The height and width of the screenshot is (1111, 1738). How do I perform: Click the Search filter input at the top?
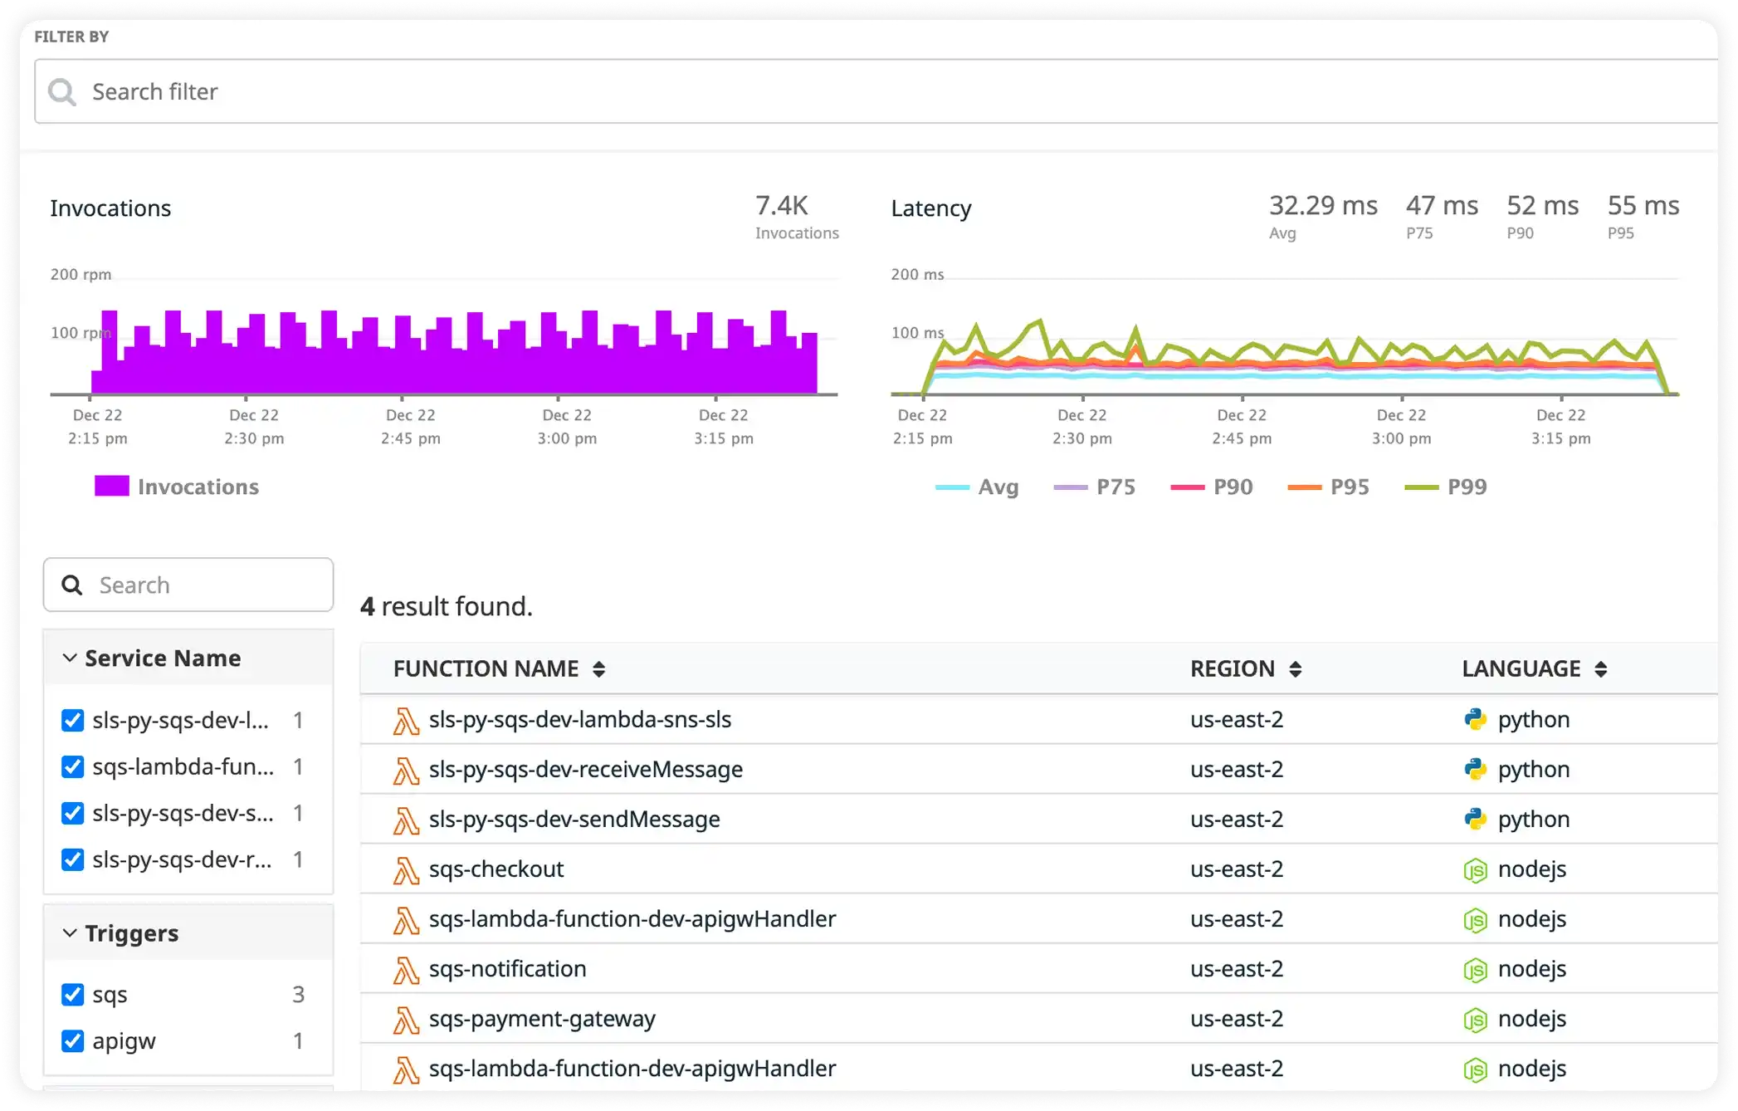click(830, 91)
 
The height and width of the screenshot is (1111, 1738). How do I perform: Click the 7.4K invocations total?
click(781, 206)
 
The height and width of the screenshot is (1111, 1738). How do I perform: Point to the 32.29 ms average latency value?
click(1322, 206)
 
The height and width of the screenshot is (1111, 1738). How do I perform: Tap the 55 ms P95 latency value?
click(1643, 206)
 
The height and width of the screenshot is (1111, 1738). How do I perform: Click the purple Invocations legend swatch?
click(112, 487)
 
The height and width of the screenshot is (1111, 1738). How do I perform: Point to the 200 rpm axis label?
click(81, 275)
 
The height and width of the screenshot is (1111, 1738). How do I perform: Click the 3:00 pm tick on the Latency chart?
click(1401, 427)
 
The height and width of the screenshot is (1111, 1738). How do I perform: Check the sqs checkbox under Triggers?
click(73, 995)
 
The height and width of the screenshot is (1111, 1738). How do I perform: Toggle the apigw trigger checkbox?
click(73, 1041)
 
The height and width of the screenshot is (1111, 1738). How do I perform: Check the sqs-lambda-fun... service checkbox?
click(73, 767)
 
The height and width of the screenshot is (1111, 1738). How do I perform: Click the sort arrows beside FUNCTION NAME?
click(598, 669)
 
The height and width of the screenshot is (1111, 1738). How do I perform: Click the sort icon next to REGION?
click(1295, 669)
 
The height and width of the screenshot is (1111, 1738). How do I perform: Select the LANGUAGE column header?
click(1521, 669)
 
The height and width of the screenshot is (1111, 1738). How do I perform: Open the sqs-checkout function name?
click(496, 869)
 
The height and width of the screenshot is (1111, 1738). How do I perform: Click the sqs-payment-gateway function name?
click(541, 1019)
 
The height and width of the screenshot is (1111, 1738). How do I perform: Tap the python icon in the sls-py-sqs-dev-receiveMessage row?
click(1475, 770)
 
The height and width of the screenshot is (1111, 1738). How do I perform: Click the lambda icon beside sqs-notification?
click(405, 970)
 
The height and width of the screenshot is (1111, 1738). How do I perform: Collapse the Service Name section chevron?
click(70, 658)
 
